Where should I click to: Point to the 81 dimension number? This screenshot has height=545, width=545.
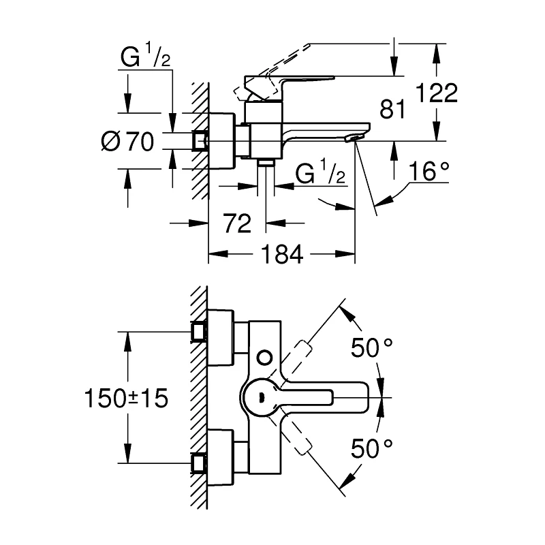(392, 109)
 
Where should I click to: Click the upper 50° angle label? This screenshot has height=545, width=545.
(372, 348)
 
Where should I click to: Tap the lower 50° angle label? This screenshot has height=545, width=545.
(372, 448)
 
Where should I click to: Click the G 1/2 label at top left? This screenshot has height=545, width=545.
(145, 60)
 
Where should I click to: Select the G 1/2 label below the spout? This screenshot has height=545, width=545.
(322, 174)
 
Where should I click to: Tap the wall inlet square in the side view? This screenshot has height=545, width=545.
(200, 140)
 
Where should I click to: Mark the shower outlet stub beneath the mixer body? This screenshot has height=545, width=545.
(266, 163)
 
